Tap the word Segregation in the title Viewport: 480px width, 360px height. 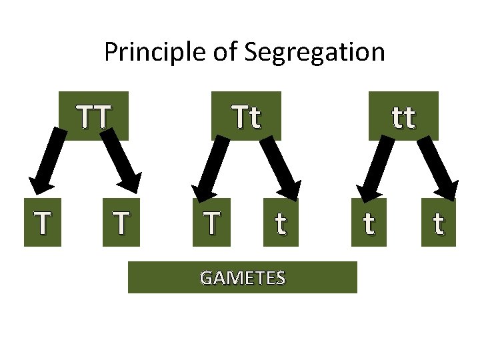coord(315,52)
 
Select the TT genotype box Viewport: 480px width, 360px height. coord(94,115)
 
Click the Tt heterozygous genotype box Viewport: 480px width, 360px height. coord(246,115)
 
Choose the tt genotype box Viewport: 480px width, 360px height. coord(403,115)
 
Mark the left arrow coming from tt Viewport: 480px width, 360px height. coord(374,163)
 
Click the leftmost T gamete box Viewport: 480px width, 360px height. coord(43,223)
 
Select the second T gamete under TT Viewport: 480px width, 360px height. coord(121,223)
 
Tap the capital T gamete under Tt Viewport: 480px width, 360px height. coord(211,223)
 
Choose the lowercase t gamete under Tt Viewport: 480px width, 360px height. coord(281,223)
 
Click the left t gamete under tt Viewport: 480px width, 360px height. coord(368,223)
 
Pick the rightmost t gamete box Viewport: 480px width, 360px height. coord(438,223)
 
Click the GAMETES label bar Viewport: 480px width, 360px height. coord(243,277)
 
